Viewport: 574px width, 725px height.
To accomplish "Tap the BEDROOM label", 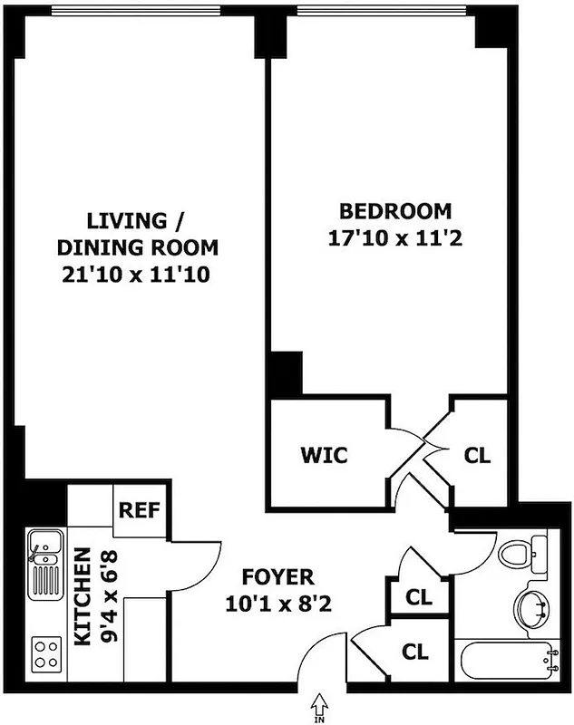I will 394,212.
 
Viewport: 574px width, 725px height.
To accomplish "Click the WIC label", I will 324,455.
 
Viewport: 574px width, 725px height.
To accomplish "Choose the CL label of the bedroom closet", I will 477,455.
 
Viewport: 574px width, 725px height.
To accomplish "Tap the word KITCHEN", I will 83,596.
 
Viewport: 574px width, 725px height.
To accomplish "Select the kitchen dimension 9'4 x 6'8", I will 106,596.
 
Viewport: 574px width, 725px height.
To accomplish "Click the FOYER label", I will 277,576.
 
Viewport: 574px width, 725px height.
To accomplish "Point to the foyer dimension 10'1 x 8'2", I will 277,601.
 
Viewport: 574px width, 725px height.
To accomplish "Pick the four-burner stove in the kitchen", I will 44,651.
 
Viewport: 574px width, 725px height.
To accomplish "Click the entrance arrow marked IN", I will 318,701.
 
